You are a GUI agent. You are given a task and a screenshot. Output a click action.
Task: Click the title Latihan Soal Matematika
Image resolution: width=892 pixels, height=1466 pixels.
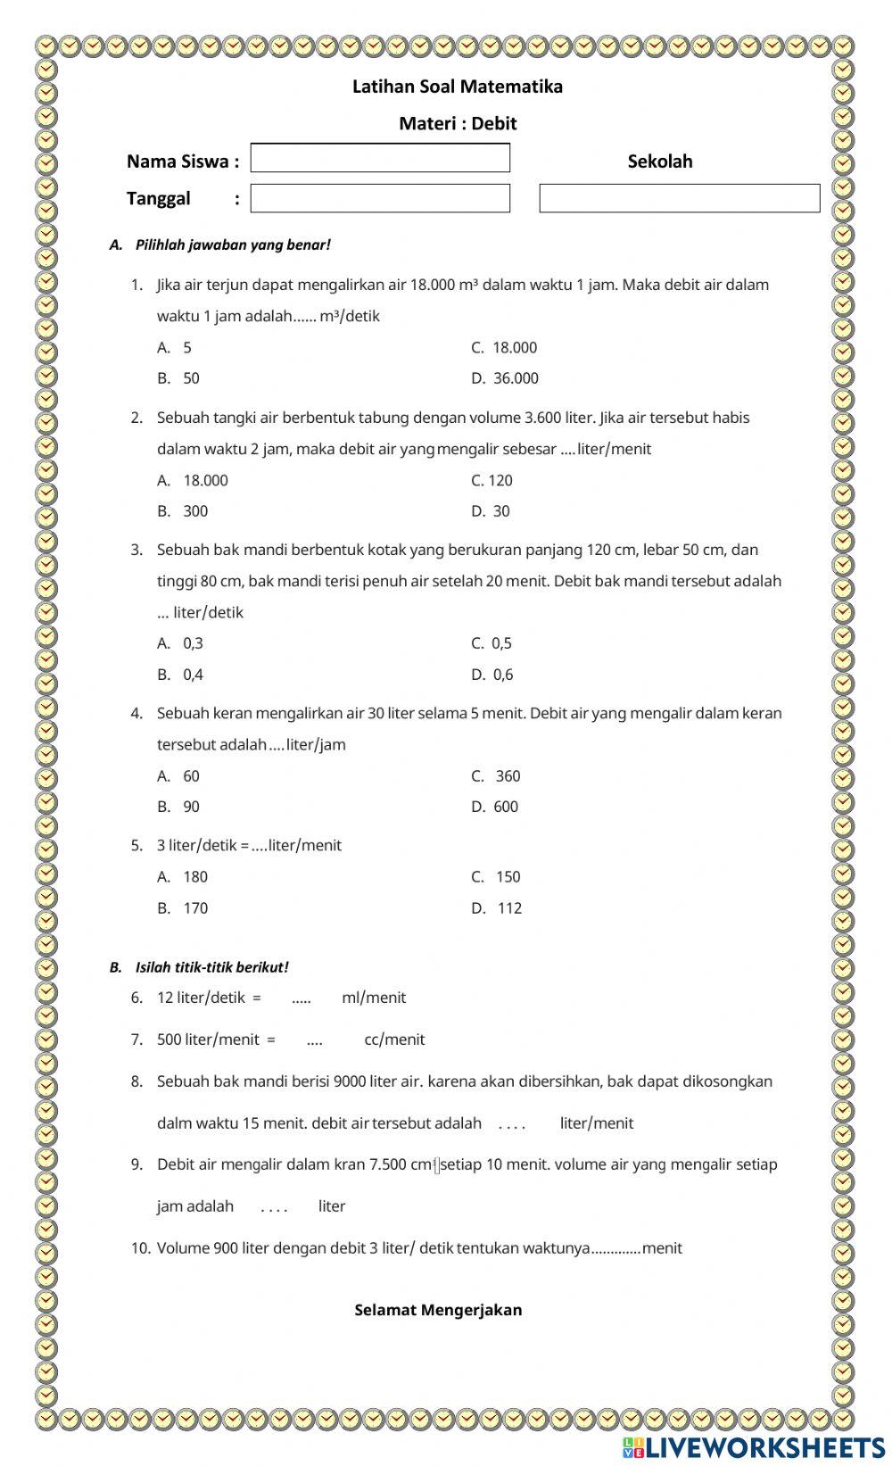[x=458, y=87]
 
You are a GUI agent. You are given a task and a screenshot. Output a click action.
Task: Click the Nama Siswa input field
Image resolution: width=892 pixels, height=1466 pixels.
[x=380, y=158]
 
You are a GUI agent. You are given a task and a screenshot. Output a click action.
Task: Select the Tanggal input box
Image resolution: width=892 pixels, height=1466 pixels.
[x=380, y=198]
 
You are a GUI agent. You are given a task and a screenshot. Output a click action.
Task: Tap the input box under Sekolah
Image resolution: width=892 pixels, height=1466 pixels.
[x=679, y=198]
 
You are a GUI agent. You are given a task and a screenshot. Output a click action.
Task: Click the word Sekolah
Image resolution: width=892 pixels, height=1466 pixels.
[x=659, y=162]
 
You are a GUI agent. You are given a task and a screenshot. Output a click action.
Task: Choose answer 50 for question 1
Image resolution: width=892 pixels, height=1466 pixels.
[x=191, y=378]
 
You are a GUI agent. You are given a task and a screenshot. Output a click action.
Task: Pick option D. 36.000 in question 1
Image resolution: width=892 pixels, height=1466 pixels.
[x=515, y=378]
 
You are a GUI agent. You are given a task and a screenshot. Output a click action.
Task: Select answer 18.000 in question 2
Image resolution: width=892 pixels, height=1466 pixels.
[x=205, y=480]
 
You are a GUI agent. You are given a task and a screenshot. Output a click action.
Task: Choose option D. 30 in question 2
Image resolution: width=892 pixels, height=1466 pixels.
[x=500, y=511]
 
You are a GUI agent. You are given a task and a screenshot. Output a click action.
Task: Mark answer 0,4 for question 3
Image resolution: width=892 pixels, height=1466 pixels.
[x=193, y=675]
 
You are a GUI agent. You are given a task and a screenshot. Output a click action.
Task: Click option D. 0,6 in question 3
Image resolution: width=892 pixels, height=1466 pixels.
[x=502, y=675]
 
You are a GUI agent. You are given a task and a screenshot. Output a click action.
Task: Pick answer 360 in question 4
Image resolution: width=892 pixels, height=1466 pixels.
[x=507, y=776]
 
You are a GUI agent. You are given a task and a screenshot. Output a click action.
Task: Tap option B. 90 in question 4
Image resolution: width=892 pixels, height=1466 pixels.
[x=191, y=807]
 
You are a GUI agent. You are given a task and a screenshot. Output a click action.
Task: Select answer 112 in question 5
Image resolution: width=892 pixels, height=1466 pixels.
[x=509, y=908]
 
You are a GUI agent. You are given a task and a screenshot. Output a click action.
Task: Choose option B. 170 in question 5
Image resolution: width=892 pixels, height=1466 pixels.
[x=194, y=908]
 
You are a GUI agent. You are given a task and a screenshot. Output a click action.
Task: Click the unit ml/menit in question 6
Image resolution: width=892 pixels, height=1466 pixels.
[x=374, y=998]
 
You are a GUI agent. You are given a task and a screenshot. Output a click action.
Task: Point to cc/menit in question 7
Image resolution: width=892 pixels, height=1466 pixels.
[x=394, y=1039]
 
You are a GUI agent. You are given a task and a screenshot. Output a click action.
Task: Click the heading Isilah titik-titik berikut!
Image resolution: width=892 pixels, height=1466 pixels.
[x=211, y=967]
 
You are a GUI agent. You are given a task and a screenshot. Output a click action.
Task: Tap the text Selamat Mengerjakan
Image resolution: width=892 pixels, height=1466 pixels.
[x=438, y=1310]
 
